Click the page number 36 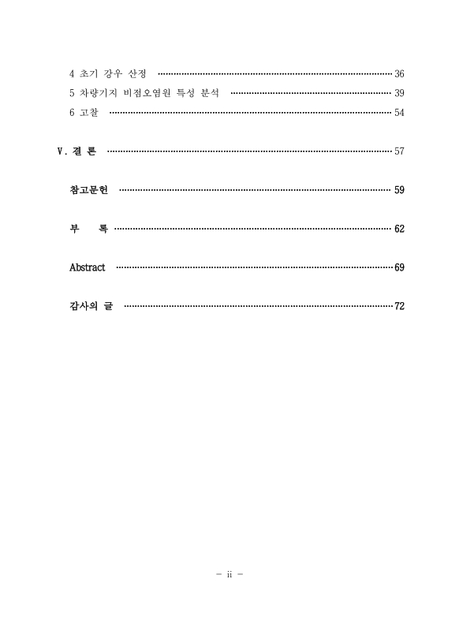click(399, 74)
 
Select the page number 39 click(399, 94)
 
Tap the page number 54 click(399, 114)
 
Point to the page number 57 click(399, 151)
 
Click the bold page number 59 click(399, 190)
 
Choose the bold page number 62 click(399, 229)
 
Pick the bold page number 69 click(399, 267)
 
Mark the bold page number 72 click(399, 306)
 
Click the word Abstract click(88, 267)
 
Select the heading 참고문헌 click(88, 190)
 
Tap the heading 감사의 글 click(91, 306)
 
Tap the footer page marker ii click(229, 573)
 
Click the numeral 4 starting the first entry click(72, 74)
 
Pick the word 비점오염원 click(143, 94)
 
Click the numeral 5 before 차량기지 click(72, 94)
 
